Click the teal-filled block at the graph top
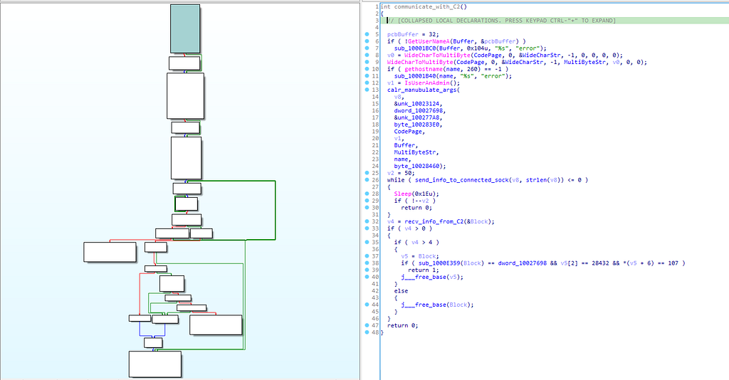click(x=185, y=28)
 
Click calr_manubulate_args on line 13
click(x=421, y=90)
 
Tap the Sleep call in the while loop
click(x=403, y=194)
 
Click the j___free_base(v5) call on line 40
click(x=432, y=277)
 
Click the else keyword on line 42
click(x=401, y=291)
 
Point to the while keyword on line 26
click(x=396, y=180)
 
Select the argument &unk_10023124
click(x=418, y=104)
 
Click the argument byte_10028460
click(x=418, y=166)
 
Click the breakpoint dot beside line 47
click(x=367, y=325)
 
